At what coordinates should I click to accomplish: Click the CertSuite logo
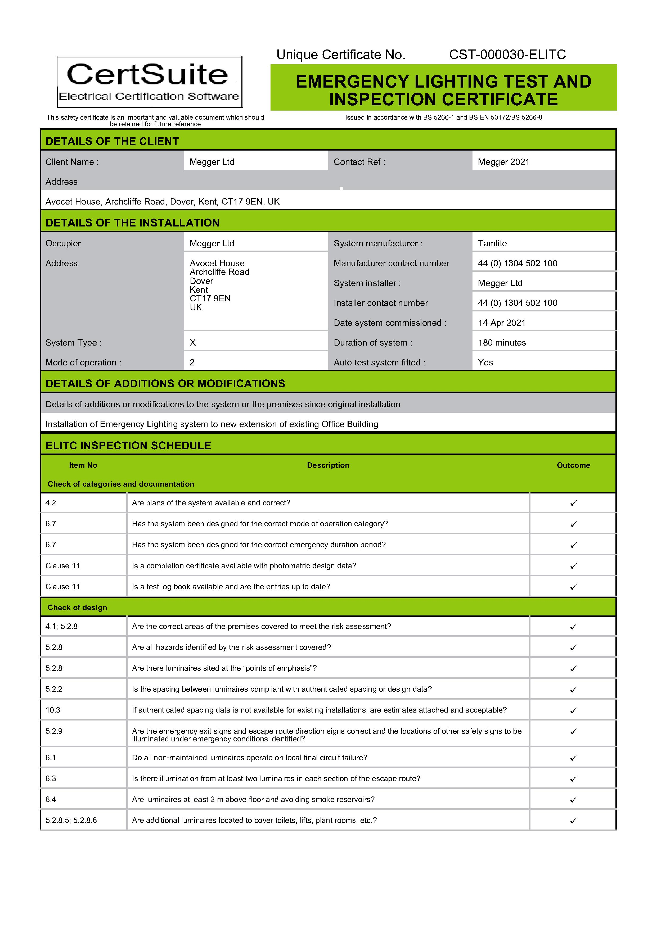(149, 82)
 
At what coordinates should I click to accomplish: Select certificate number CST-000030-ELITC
(507, 55)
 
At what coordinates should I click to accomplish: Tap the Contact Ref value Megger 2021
(503, 162)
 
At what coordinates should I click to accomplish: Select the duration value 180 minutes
(502, 342)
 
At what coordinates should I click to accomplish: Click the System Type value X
(193, 342)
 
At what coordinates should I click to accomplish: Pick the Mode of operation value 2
(192, 362)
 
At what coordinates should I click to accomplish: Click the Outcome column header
(573, 465)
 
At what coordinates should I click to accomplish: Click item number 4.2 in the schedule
(51, 502)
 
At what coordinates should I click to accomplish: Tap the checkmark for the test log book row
(573, 587)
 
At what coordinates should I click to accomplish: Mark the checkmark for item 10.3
(573, 710)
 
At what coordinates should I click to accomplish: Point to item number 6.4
(51, 799)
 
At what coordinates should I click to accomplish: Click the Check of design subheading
(77, 607)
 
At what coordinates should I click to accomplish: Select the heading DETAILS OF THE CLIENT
(112, 141)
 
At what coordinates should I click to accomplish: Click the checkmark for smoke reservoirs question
(573, 800)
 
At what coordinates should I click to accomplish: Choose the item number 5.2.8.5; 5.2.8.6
(71, 820)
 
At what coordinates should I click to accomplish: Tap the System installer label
(367, 283)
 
